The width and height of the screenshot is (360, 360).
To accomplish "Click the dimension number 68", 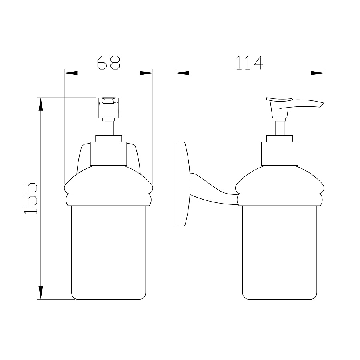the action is (108, 62).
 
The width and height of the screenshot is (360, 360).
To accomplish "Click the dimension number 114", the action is (250, 63).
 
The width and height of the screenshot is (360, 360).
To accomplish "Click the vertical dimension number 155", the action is (30, 198).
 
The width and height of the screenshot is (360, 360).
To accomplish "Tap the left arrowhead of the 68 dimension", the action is (71, 73).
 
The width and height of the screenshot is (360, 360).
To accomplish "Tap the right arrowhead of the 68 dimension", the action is (146, 73).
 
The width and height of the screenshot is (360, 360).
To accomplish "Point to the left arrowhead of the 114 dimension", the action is (182, 73).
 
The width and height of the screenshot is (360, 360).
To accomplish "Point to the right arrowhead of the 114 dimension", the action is (317, 73).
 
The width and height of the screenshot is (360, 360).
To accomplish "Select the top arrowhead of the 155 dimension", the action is (41, 104).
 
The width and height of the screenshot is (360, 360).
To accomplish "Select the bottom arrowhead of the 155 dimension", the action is (41, 293).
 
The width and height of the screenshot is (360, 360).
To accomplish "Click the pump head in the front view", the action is (108, 108).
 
